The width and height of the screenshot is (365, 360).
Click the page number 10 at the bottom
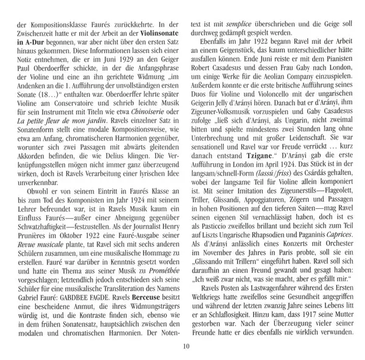[182, 347]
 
